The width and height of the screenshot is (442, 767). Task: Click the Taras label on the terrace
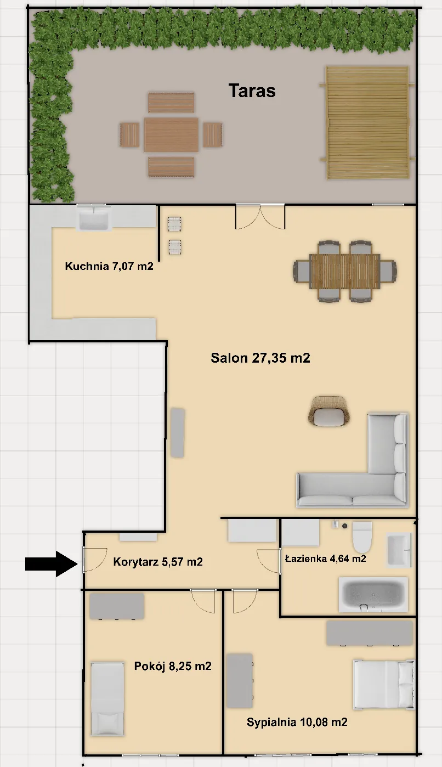coord(252,91)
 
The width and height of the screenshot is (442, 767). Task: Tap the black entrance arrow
coord(52,564)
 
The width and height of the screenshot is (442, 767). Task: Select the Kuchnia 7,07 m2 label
coord(109,266)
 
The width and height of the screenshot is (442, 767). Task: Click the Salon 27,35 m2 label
coord(260,358)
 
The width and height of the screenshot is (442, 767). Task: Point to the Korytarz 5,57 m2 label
coord(158,562)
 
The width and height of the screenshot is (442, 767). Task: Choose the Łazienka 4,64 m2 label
coord(326,559)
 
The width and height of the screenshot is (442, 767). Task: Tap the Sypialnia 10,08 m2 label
coord(297,722)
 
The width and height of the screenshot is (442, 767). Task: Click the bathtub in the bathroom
coord(373,594)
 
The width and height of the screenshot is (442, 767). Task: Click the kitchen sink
coord(93,218)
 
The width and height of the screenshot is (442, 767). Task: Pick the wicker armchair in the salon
coord(328,411)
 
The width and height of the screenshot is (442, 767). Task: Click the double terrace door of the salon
coord(260,217)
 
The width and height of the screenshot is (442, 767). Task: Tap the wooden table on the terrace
coord(171,134)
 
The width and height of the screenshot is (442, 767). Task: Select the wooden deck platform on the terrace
coord(367,122)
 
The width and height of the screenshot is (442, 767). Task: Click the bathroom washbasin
coord(399,550)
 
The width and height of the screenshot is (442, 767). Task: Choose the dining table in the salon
coord(345,272)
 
